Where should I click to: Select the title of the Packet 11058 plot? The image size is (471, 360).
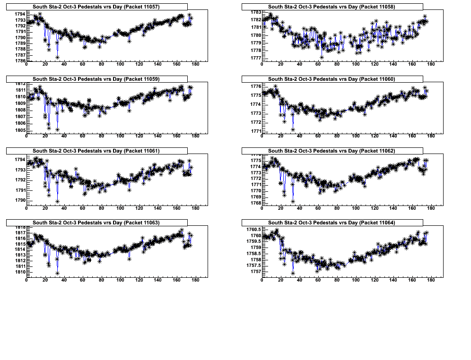(331, 7)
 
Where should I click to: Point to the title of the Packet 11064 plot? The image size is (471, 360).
(331, 223)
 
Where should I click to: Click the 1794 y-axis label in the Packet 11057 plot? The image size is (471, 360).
(19, 14)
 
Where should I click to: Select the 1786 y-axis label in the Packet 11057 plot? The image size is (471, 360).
(19, 60)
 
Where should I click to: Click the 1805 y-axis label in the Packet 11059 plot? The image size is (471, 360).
(19, 130)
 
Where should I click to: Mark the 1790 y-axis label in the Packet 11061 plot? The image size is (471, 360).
(19, 200)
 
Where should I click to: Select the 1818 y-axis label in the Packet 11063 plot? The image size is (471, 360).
(19, 227)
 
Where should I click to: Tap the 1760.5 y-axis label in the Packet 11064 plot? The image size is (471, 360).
(253, 230)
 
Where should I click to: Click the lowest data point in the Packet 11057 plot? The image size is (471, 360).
(57, 58)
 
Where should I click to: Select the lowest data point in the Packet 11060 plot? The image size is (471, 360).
(293, 129)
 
